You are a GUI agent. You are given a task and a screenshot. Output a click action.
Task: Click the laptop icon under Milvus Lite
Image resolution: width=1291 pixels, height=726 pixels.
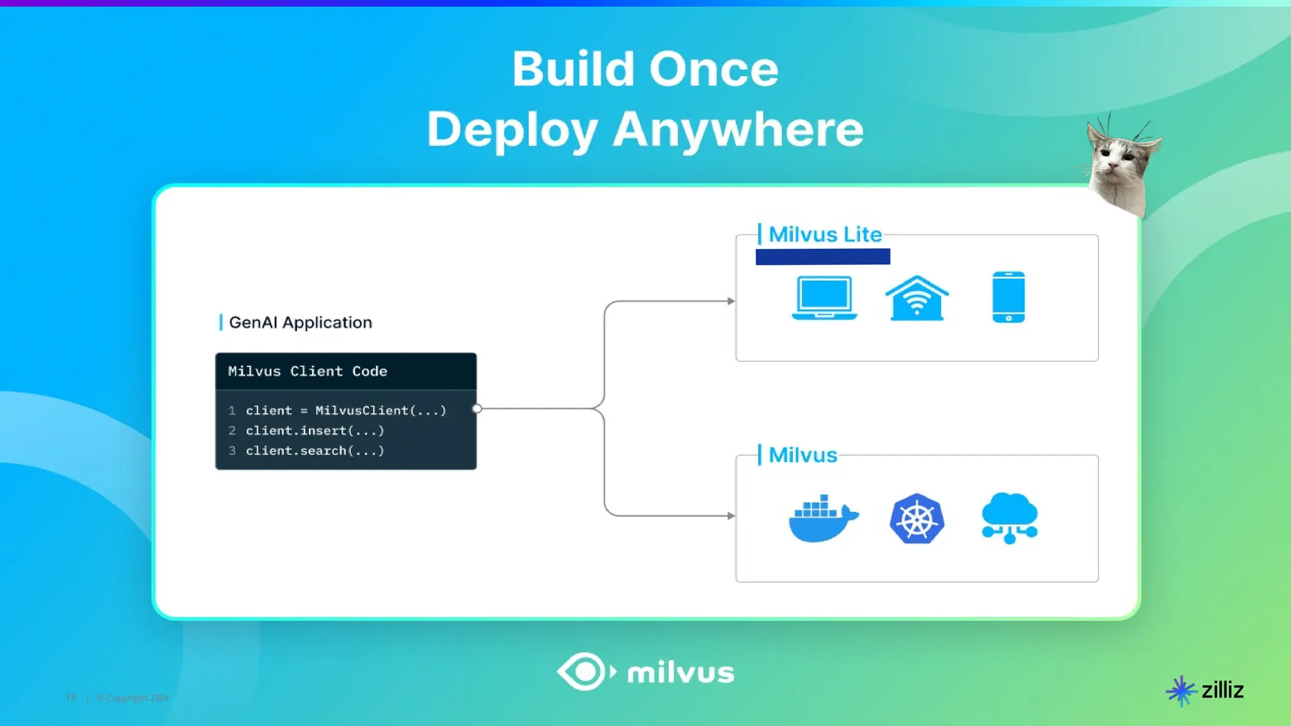824,297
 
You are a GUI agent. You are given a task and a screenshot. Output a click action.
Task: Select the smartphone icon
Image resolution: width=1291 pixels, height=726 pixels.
1009,297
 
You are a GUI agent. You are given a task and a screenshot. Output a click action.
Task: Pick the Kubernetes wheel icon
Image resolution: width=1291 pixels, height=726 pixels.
917,519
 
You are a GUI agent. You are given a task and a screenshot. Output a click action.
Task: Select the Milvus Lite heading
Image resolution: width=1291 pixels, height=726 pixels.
825,234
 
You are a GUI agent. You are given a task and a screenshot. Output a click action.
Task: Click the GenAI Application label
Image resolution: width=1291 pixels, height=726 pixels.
300,323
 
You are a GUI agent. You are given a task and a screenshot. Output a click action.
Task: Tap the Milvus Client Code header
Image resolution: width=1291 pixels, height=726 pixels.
308,371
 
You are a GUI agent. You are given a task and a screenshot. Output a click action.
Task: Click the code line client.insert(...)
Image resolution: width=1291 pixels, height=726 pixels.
315,430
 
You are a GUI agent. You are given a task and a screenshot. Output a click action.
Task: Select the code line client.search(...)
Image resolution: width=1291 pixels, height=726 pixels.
315,451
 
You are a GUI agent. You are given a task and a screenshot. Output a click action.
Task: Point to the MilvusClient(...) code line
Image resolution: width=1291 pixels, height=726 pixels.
345,410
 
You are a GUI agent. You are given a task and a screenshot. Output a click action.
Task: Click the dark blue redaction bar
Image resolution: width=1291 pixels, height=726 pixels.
823,256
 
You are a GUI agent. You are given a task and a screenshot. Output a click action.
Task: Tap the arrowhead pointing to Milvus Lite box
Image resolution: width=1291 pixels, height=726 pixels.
731,301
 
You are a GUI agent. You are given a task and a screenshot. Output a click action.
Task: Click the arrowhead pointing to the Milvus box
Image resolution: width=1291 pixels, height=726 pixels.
731,516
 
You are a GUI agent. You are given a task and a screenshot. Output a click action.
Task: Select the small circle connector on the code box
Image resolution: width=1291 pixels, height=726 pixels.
477,408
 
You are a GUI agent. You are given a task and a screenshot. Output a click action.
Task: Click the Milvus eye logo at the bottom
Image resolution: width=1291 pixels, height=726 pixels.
584,672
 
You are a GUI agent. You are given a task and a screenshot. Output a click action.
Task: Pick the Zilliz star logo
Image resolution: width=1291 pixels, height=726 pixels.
1181,691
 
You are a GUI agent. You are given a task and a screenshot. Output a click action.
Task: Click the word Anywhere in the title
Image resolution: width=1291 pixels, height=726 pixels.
738,130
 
